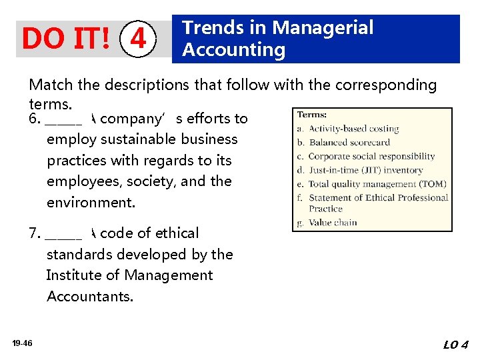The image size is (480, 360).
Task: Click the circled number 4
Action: [x=138, y=39]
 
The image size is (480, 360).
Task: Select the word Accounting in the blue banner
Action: [x=234, y=50]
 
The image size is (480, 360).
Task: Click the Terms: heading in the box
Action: [x=312, y=115]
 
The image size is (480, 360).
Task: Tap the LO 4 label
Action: [x=456, y=345]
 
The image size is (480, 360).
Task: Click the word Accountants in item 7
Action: [x=89, y=297]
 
